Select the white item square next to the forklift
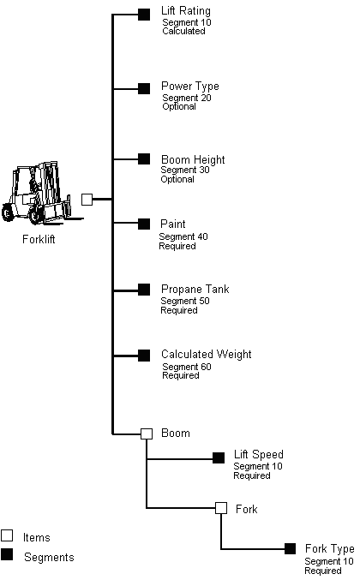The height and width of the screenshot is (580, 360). click(x=87, y=199)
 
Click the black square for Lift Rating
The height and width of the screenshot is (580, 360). click(x=144, y=14)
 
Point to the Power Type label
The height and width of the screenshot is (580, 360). click(x=189, y=87)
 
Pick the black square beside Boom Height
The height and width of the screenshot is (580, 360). click(x=144, y=158)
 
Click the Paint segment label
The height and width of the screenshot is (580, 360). click(x=172, y=224)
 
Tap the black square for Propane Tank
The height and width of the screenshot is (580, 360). click(x=144, y=290)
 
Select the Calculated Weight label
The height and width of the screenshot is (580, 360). click(x=206, y=355)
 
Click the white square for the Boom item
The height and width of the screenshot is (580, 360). click(x=146, y=434)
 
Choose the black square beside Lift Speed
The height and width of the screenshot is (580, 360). click(x=219, y=457)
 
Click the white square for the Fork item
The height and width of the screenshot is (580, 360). click(x=220, y=508)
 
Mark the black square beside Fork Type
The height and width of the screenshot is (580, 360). click(x=290, y=548)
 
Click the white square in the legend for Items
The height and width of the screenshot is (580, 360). click(x=7, y=535)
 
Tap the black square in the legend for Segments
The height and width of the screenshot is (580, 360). click(x=7, y=556)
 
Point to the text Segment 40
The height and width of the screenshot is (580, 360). click(x=183, y=236)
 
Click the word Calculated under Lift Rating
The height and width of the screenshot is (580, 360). click(x=183, y=31)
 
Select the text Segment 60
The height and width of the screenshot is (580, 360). click(x=187, y=367)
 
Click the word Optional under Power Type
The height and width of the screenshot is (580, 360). click(x=178, y=106)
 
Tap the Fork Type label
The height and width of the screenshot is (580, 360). click(x=329, y=549)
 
